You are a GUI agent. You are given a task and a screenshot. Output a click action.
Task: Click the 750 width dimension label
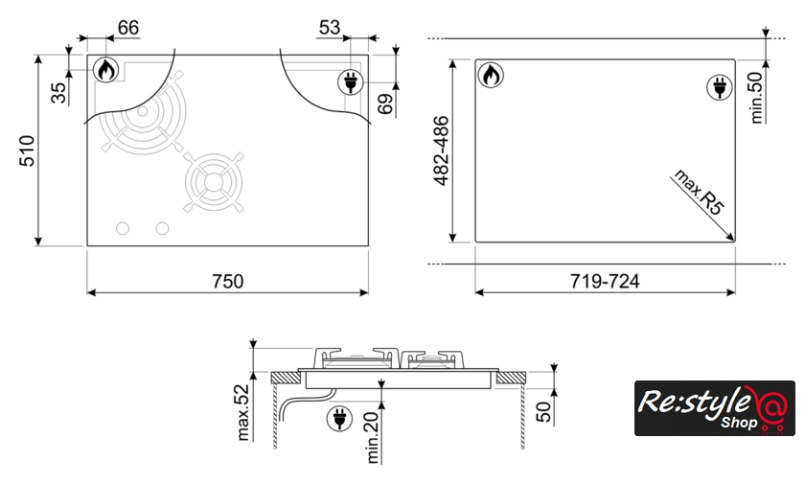(228, 281)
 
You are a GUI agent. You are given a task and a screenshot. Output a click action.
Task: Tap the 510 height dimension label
(27, 150)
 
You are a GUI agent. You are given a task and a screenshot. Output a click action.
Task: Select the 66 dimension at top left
(128, 27)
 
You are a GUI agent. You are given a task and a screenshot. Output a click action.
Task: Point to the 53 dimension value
(330, 27)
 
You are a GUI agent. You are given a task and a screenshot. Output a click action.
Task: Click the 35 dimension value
(59, 93)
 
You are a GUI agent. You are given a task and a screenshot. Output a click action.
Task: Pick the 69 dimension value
(385, 104)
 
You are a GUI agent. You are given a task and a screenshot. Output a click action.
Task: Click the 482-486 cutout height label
(441, 150)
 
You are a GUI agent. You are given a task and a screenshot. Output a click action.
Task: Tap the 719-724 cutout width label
(605, 281)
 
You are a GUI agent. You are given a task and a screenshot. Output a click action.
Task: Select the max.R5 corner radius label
(700, 192)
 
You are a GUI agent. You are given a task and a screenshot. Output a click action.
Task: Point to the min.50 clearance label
(757, 97)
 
